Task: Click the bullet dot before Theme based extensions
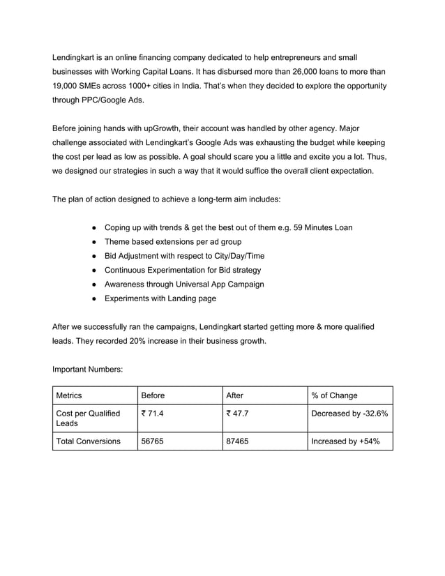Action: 93,242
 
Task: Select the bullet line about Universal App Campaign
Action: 183,284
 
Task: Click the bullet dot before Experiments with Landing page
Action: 93,298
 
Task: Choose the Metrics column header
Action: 69,395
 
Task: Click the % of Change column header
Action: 334,395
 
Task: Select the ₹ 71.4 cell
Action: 153,414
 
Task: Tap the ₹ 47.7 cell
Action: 238,414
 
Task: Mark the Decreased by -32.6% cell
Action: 349,414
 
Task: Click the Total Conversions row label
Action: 88,441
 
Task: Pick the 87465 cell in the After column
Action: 239,441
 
